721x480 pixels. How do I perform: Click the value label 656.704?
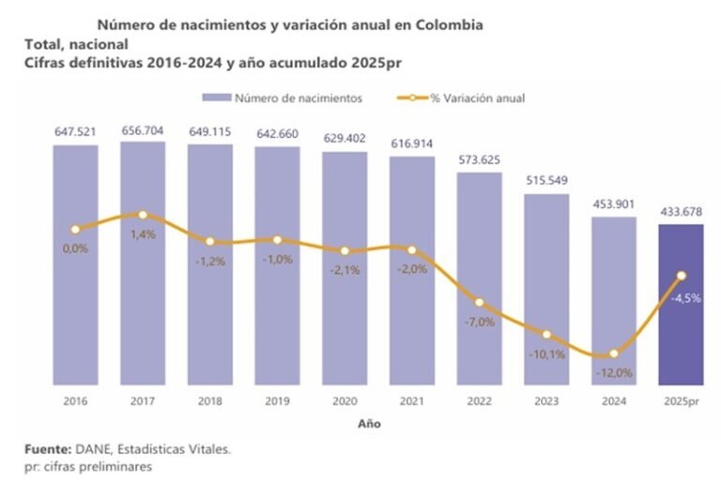coord(143,131)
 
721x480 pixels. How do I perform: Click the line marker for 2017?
coord(143,215)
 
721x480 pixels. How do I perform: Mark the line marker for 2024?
coord(614,353)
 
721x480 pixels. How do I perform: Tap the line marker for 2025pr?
coord(682,276)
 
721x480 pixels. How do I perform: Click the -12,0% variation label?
coord(614,372)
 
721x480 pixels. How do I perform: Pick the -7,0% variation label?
coord(480,322)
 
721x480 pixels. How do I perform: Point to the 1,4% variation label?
coord(143,235)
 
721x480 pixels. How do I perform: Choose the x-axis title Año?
coord(369,423)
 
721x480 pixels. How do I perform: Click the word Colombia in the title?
coord(450,24)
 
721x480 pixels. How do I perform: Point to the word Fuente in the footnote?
coord(45,450)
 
